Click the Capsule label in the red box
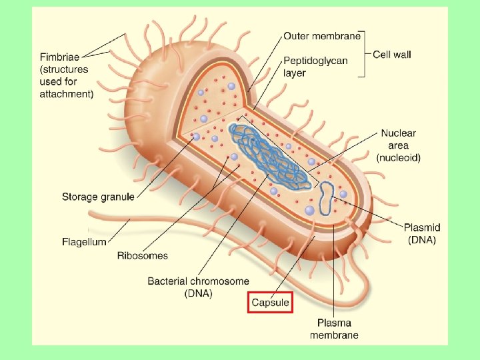270,303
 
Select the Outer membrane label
322,36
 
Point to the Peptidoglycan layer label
316,67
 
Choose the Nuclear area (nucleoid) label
399,145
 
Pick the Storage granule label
98,197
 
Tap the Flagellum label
84,241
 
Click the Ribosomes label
143,255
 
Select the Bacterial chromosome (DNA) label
199,287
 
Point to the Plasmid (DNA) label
422,234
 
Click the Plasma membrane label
334,329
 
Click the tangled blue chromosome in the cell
267,153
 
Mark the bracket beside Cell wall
364,54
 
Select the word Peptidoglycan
316,61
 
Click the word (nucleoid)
399,157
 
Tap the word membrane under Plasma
334,335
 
